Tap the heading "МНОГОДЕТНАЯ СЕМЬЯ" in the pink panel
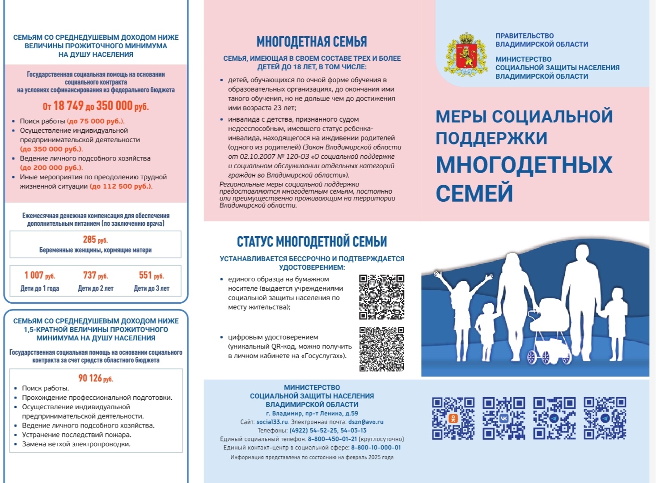point(312,42)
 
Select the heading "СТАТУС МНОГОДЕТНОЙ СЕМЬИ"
point(312,242)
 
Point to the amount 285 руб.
point(95,240)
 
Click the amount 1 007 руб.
point(40,275)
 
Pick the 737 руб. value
point(95,275)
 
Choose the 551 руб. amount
point(151,275)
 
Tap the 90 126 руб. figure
point(96,378)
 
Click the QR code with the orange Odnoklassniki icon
point(453,418)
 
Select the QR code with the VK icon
point(504,418)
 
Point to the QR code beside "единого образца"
point(381,297)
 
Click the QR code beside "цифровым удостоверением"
point(381,349)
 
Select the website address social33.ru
point(272,422)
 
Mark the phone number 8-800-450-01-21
point(332,439)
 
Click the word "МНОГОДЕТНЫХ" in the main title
point(524,165)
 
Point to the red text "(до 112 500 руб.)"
point(121,186)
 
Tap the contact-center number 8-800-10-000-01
point(376,448)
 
